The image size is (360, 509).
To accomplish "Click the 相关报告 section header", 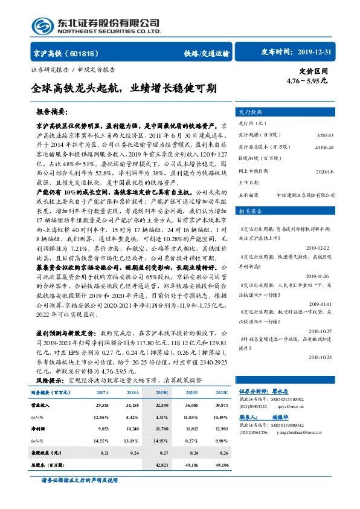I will click(251, 211).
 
